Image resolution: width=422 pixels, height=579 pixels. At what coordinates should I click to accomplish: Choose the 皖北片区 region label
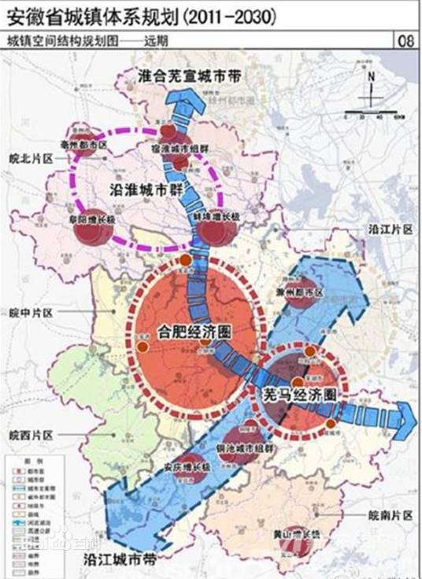[x=30, y=158]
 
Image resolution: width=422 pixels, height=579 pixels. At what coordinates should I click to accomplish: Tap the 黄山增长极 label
[x=298, y=533]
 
